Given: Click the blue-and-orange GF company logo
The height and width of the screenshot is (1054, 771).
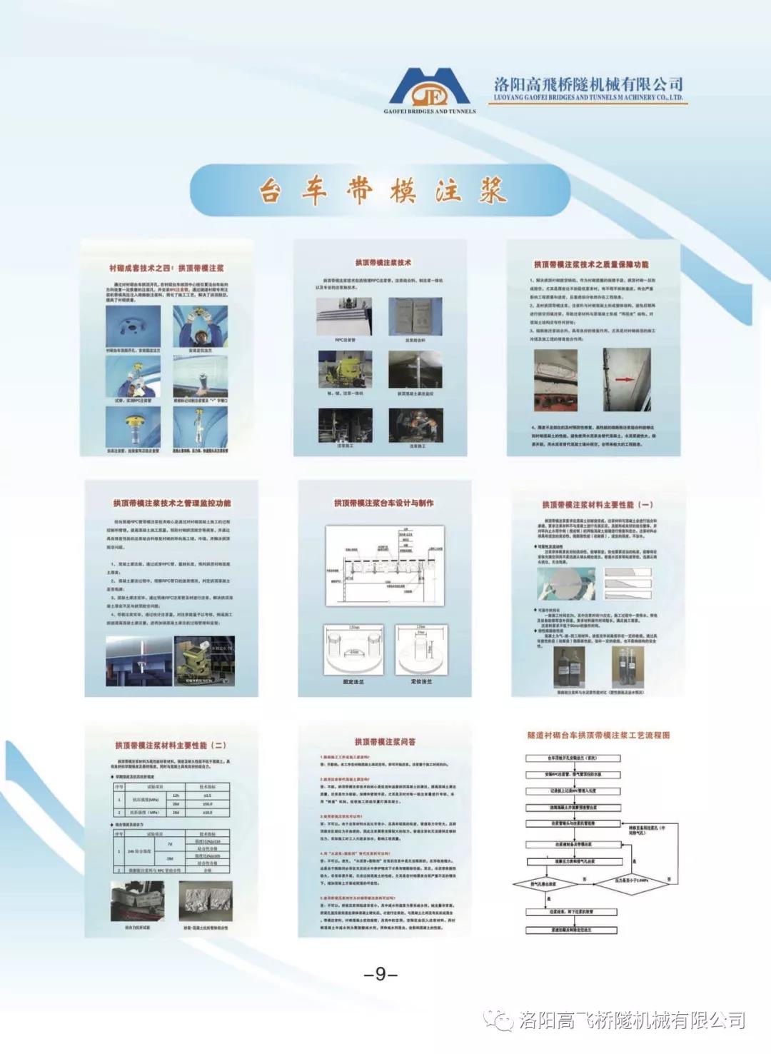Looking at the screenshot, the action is (x=429, y=89).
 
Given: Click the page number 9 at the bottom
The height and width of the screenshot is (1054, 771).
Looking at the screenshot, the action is (x=381, y=974).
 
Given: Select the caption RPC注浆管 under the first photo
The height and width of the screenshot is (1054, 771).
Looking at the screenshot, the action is (x=345, y=341).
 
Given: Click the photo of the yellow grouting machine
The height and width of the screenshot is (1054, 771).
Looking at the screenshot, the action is (x=345, y=370).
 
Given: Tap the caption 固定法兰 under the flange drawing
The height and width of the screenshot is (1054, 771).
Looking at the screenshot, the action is (x=354, y=682).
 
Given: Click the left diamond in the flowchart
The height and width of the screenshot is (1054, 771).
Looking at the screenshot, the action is (x=544, y=885).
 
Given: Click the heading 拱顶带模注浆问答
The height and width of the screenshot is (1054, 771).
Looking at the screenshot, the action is (x=385, y=742).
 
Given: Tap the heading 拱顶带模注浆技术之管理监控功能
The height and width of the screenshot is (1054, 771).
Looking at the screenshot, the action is (x=171, y=503).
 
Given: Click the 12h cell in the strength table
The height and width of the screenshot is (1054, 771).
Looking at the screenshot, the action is (x=176, y=795).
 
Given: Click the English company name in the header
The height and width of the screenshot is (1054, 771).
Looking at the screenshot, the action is (x=589, y=98).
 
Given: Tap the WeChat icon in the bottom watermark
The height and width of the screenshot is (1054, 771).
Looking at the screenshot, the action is (x=499, y=1020).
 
